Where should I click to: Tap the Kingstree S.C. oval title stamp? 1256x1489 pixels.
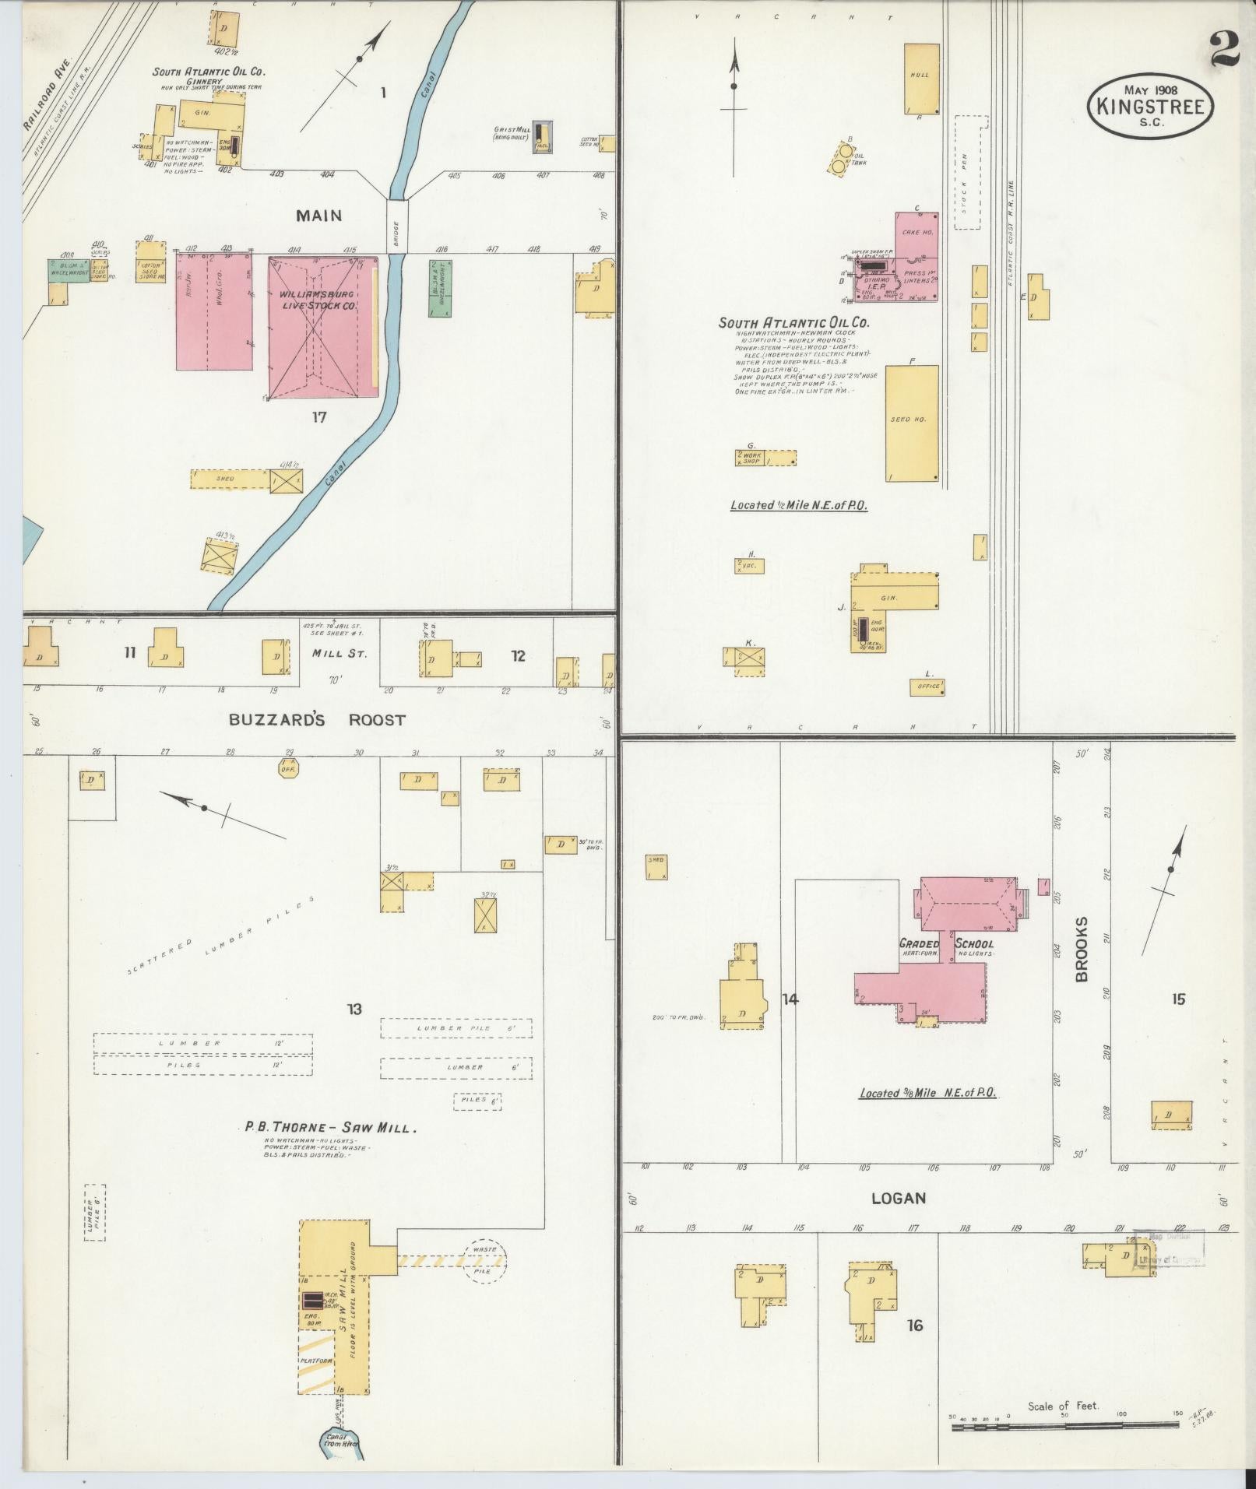[1149, 102]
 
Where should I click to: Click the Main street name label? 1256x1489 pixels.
[318, 216]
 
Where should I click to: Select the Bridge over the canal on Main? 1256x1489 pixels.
[396, 226]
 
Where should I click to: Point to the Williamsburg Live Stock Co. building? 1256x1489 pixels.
[320, 327]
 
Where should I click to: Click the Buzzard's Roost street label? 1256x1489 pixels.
[317, 720]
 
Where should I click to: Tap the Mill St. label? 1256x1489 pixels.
[339, 654]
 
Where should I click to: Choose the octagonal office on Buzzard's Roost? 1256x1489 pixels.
[288, 769]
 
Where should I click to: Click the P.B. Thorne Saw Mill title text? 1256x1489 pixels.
[330, 1126]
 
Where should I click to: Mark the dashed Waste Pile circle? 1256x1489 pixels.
[484, 1260]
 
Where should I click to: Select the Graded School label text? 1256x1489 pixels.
[946, 944]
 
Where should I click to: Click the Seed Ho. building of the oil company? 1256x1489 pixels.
[912, 423]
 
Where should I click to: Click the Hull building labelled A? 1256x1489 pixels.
[919, 79]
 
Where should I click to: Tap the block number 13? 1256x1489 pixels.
[354, 1010]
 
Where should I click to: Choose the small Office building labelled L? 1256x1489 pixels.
[927, 687]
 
